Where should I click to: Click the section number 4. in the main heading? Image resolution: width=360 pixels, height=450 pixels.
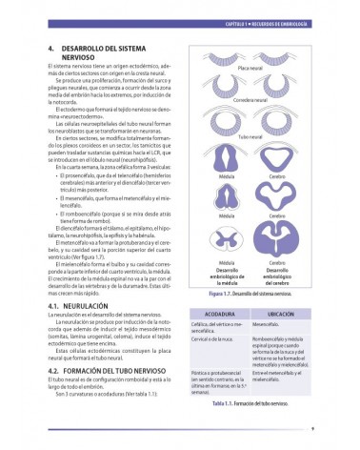[x=50, y=45]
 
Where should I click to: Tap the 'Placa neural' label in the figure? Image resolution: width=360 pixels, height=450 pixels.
[x=250, y=67]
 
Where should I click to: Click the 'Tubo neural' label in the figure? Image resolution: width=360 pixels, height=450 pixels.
[x=250, y=135]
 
